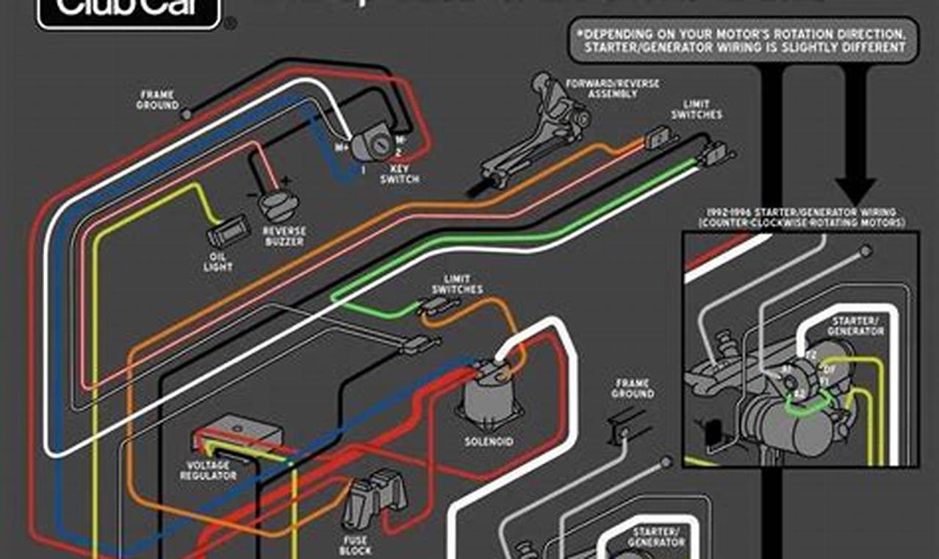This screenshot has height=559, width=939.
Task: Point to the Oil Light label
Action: (x=217, y=263)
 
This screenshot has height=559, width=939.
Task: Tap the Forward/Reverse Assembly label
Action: (x=612, y=89)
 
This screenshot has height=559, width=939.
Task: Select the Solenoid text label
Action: (x=489, y=442)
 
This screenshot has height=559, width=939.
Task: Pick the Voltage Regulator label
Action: (x=209, y=471)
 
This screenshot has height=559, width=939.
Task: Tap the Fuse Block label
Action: (x=356, y=545)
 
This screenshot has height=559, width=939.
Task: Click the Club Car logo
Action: (x=129, y=11)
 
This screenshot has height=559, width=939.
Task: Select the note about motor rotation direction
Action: (x=744, y=41)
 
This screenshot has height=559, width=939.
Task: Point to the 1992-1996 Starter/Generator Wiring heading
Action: (x=802, y=217)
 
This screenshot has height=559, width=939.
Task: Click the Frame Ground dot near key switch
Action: (x=187, y=114)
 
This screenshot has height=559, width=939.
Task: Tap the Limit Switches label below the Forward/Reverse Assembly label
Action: (x=697, y=110)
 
